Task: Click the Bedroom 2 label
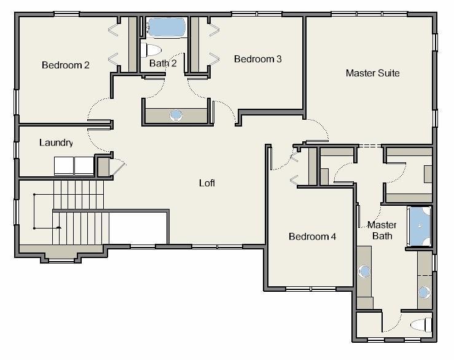66,65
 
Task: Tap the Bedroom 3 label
257,59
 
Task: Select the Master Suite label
373,73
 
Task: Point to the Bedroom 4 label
313,237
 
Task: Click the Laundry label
56,143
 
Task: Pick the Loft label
207,183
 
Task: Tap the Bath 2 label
163,63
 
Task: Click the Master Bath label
382,230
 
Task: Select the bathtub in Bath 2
166,28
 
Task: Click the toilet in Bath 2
151,50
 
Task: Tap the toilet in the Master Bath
421,324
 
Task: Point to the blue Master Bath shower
419,226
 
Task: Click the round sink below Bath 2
176,115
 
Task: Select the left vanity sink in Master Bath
364,272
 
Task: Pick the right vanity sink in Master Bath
424,292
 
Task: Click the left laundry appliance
64,166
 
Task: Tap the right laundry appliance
84,166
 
